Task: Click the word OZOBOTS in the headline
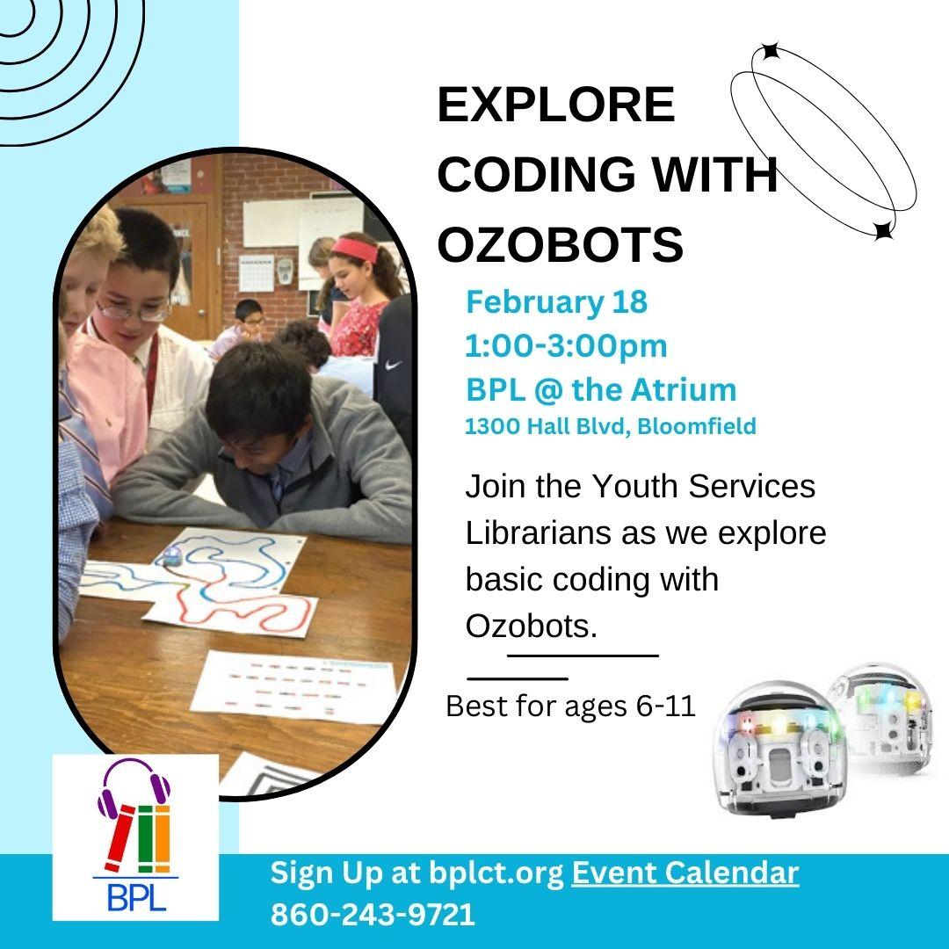tap(560, 244)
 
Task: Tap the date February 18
tap(556, 302)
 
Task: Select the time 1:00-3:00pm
tap(566, 345)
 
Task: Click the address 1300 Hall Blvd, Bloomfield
tap(610, 426)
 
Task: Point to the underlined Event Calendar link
tap(685, 873)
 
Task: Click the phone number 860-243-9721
tap(373, 914)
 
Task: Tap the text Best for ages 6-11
tap(570, 706)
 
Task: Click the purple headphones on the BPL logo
tap(134, 784)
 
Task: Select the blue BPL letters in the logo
tap(136, 897)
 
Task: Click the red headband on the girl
tap(355, 248)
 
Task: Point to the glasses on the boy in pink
tap(134, 312)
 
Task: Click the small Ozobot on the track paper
tap(171, 554)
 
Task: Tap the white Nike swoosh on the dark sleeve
tap(394, 365)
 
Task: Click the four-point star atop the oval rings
tap(770, 52)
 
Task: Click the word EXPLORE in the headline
tap(555, 104)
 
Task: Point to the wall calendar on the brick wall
tap(256, 273)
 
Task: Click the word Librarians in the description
tap(539, 532)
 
